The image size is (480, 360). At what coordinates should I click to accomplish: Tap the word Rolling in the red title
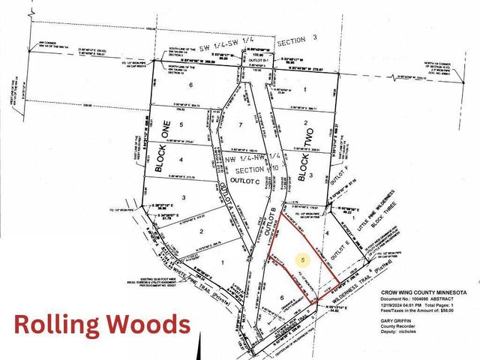[61, 325]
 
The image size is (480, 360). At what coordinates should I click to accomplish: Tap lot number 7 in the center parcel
[240, 124]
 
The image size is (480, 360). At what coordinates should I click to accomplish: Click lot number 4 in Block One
[181, 159]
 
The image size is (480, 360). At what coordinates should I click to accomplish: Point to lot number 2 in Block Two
[305, 123]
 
